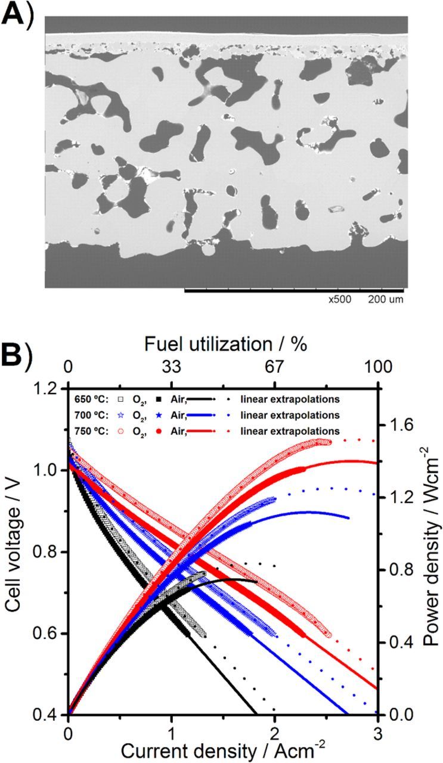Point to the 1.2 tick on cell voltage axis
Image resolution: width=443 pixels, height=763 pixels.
click(x=51, y=389)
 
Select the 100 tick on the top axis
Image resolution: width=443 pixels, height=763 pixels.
click(x=375, y=368)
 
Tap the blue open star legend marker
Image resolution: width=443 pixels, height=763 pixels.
click(x=121, y=414)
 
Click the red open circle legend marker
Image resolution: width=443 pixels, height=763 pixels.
click(x=121, y=430)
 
